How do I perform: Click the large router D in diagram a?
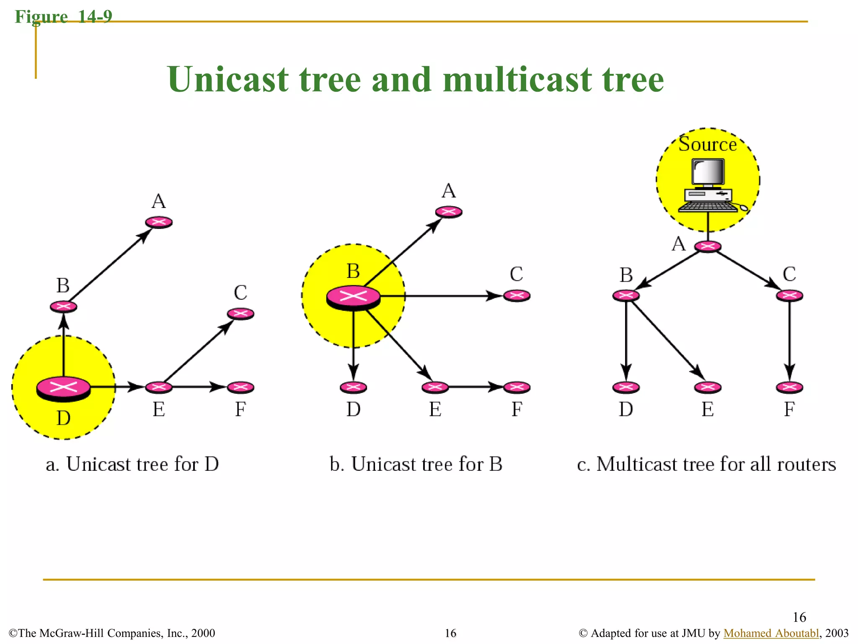tap(63, 388)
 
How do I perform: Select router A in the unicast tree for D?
tap(159, 222)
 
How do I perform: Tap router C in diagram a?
tap(240, 313)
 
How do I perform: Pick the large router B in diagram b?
tap(353, 297)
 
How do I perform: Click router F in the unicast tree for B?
tap(517, 387)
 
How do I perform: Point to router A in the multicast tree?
tap(708, 246)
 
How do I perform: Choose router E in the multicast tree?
tap(708, 387)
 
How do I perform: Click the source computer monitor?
tap(708, 172)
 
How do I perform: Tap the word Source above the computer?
tap(708, 144)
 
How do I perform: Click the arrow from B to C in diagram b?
tap(440, 296)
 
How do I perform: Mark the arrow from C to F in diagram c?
tap(790, 340)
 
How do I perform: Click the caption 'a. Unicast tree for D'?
tap(132, 464)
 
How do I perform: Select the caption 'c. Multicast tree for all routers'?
tap(706, 464)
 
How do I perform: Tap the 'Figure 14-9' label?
tap(64, 17)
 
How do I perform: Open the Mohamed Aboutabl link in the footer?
tap(771, 633)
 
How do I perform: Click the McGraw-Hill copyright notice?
tap(112, 633)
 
